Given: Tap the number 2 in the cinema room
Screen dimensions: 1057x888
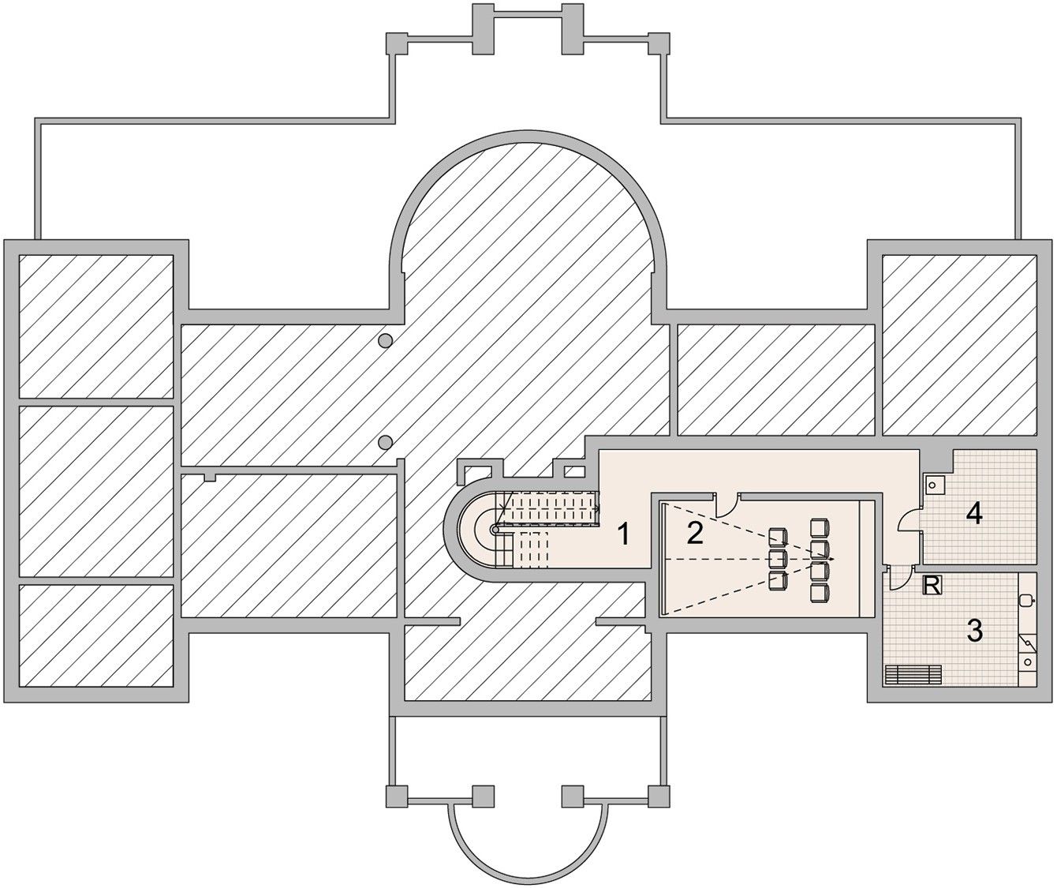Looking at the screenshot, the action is point(695,533).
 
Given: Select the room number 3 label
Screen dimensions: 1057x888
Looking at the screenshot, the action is point(974,631).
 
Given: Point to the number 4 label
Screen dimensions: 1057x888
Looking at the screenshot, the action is point(974,514).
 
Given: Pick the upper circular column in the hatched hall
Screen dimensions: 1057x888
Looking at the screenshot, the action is point(386,341).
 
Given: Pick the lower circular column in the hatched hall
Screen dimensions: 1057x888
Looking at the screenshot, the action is point(386,443).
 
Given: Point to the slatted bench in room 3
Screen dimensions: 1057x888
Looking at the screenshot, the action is point(913,674).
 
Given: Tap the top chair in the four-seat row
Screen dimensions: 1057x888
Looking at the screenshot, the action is point(819,527).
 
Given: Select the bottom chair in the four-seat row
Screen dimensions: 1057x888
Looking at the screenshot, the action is point(819,593).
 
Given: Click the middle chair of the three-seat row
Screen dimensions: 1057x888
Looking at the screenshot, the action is point(777,559).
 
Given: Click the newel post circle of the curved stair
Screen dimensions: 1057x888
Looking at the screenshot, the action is point(495,530).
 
